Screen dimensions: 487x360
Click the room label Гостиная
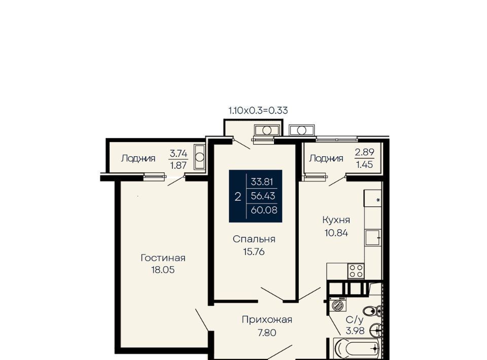click(163, 258)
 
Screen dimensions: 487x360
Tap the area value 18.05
click(163, 270)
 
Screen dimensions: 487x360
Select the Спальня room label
click(254, 239)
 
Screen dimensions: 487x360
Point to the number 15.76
click(254, 251)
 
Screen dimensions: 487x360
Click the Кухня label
click(336, 221)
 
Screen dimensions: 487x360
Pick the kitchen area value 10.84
click(336, 233)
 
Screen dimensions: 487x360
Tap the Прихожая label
click(267, 319)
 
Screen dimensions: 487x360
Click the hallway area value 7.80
click(267, 333)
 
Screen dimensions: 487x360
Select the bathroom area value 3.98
click(355, 331)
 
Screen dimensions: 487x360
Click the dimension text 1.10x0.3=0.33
click(258, 111)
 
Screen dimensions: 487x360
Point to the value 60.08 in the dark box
click(264, 210)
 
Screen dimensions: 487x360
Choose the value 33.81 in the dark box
click(262, 182)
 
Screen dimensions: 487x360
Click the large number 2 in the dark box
click(238, 197)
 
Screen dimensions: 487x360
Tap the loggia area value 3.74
click(179, 153)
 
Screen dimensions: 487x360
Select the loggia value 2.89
click(365, 153)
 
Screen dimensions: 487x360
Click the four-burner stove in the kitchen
click(356, 271)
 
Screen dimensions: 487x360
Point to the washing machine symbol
click(337, 304)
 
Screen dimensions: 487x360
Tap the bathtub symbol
click(357, 349)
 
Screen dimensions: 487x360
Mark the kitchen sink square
click(373, 238)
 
